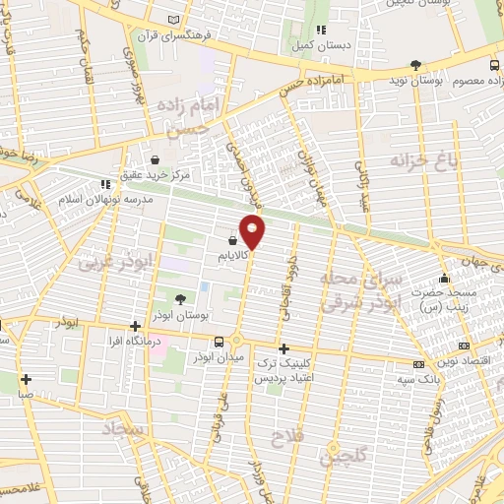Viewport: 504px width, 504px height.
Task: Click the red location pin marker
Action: click(x=254, y=232)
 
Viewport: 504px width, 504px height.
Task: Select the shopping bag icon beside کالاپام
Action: click(x=232, y=239)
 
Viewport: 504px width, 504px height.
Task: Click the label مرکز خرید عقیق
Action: click(x=154, y=175)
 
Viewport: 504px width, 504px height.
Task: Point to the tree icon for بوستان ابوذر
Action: click(x=179, y=298)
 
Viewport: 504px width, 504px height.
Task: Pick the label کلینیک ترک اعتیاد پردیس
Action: click(x=283, y=370)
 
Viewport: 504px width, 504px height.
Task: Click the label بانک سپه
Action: click(x=417, y=379)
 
